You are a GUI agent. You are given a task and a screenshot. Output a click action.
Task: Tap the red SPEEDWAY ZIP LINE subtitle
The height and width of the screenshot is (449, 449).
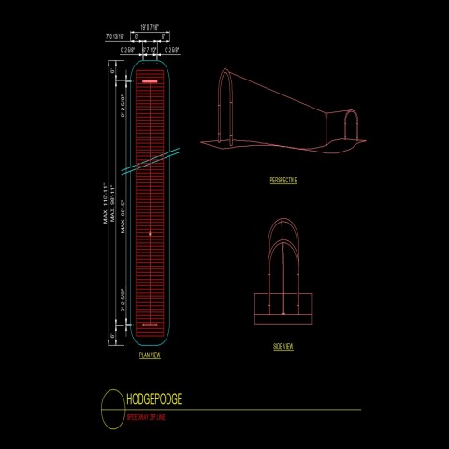pos(152,417)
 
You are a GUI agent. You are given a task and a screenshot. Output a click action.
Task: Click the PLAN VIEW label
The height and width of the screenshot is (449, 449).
pos(150,356)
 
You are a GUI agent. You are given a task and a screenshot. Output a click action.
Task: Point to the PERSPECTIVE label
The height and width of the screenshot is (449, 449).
pos(282,179)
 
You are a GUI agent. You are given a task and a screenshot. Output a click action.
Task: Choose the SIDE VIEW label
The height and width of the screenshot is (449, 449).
pos(282,347)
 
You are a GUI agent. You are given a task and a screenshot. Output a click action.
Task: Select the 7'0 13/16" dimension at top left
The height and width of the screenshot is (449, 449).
pos(117,38)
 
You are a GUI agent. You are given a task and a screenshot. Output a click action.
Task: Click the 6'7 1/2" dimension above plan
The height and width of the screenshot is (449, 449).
pos(150,49)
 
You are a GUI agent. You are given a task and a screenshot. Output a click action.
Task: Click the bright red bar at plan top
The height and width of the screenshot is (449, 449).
pos(150,82)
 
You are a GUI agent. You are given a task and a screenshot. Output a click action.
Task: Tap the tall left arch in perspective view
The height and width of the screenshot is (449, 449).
pos(224,103)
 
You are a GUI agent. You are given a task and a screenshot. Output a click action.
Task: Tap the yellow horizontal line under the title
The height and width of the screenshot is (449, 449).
pos(243,410)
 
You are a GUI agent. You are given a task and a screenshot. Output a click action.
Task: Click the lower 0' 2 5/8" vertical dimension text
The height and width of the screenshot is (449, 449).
pos(123,298)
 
